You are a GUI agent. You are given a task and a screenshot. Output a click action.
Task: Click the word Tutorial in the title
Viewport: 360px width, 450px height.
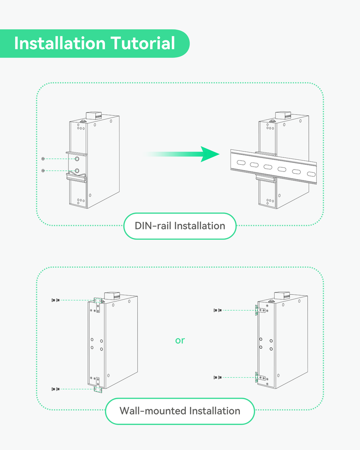coord(143,44)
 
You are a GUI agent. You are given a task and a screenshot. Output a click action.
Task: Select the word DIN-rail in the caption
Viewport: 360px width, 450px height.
coord(153,225)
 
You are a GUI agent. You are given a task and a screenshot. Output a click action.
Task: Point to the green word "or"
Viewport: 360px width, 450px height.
coord(180,340)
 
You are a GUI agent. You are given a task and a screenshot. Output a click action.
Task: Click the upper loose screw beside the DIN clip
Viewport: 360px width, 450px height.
coord(43,159)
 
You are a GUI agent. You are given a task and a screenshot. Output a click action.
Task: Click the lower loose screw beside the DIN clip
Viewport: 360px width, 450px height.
coord(43,171)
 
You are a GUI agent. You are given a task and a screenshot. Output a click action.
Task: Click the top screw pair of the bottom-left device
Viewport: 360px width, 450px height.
coord(55,300)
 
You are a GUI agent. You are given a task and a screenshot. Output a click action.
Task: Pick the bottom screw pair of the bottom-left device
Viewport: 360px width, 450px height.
coord(55,388)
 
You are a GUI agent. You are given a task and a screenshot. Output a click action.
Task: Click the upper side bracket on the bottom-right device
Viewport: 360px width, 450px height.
coord(256,310)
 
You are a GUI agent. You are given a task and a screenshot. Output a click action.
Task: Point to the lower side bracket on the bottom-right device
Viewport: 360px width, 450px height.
coord(256,377)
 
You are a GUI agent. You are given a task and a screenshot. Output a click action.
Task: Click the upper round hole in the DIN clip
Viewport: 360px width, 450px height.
coord(77,159)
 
